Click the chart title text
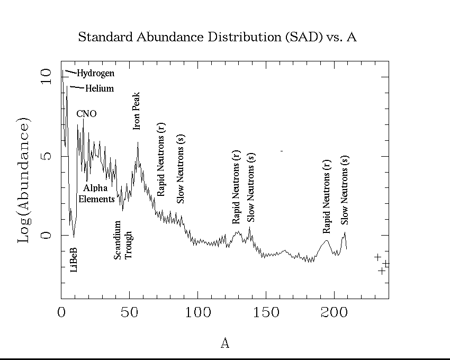(217, 37)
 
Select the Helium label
(100, 88)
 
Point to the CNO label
(86, 114)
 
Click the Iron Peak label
(137, 111)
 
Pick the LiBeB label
(74, 259)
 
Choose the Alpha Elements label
(96, 193)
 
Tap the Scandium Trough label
(123, 240)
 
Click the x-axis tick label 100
(197, 312)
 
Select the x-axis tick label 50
(129, 312)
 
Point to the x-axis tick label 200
(335, 312)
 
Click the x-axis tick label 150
(266, 312)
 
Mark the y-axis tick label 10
(47, 77)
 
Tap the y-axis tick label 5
(47, 156)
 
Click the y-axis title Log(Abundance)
(24, 180)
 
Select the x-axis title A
(224, 343)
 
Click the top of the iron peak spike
(138, 142)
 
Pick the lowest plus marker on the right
(381, 271)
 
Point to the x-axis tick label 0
(61, 312)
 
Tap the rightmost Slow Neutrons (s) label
(345, 190)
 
